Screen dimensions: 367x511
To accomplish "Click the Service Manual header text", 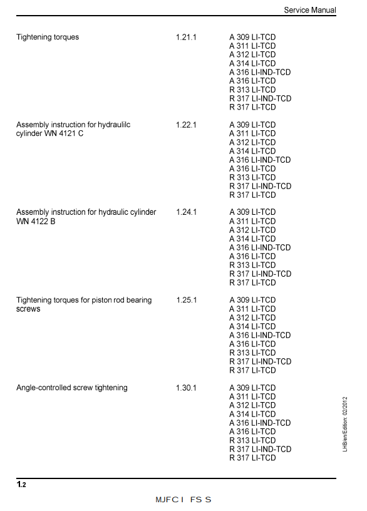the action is [x=309, y=10].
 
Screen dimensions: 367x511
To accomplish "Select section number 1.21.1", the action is [x=186, y=37].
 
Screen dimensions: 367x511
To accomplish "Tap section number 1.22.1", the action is [x=186, y=125].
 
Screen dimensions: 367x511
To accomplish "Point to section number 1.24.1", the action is [x=186, y=212].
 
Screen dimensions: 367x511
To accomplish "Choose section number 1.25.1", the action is [x=186, y=300].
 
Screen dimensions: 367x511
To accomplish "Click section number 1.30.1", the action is [x=186, y=388].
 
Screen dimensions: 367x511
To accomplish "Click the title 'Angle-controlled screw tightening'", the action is [x=71, y=388].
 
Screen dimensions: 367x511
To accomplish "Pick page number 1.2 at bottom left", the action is [x=21, y=485].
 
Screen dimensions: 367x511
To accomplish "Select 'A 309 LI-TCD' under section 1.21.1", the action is [x=252, y=37].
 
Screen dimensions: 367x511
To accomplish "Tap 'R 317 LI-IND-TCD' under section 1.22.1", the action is [x=260, y=186].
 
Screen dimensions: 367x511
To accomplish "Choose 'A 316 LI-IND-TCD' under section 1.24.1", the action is [x=260, y=247].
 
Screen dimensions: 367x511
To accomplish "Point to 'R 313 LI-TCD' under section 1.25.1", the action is [x=252, y=353].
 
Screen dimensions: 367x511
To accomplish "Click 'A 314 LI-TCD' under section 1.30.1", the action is [x=252, y=414].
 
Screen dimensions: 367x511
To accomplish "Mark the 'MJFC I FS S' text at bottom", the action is [x=183, y=500].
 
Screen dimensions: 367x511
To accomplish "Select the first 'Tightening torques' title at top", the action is [x=48, y=37].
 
